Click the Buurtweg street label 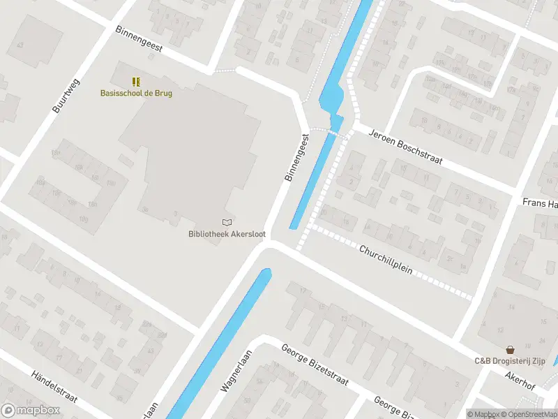pos(66,96)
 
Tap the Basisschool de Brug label pos(136,93)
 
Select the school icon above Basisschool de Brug pos(136,81)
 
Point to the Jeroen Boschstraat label pos(405,145)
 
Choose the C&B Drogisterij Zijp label pos(510,361)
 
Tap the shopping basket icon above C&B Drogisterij pos(511,349)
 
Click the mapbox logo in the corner pos(30,411)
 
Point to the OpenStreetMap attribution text pos(529,414)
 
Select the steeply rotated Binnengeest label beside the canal pos(296,159)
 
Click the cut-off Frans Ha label pos(541,203)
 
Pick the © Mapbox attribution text pos(483,414)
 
